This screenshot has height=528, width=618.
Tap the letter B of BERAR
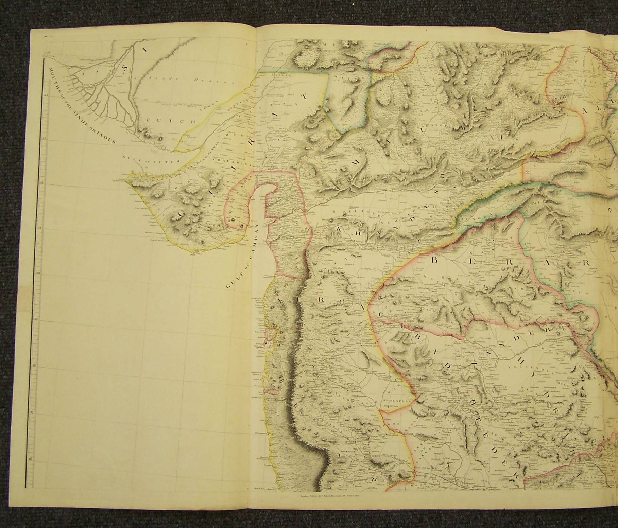(x=435, y=261)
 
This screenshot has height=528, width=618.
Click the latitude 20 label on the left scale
(x=38, y=272)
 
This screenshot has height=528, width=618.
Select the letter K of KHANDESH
(x=339, y=230)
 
